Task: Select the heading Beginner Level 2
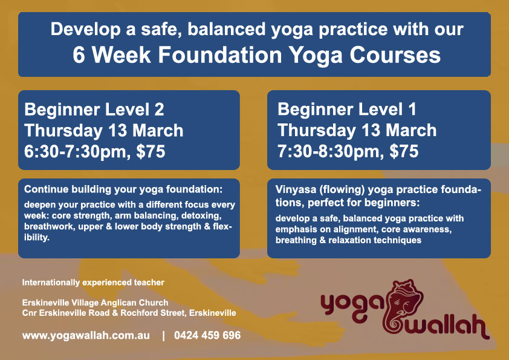[x=94, y=110]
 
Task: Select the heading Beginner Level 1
[x=346, y=110]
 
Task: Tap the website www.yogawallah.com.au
[x=86, y=335]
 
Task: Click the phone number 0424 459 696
[x=207, y=335]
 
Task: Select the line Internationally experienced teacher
[x=93, y=282]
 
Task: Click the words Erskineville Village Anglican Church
[x=95, y=303]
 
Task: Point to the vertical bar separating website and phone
[x=163, y=335]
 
